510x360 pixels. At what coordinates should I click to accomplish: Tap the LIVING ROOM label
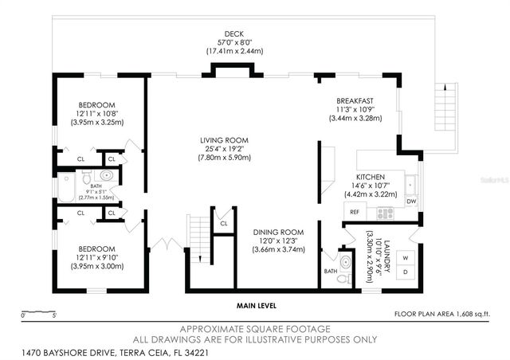point(226,140)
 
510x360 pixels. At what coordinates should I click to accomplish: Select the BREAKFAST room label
point(355,100)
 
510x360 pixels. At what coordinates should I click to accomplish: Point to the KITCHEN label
point(371,177)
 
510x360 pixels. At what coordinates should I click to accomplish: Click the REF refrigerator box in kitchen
point(353,213)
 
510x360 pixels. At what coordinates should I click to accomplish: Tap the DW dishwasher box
point(412,202)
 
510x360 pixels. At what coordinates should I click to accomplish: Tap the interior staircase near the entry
point(197,233)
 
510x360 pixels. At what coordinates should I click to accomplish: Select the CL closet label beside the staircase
point(224,224)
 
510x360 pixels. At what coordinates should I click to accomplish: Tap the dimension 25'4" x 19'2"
point(226,149)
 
